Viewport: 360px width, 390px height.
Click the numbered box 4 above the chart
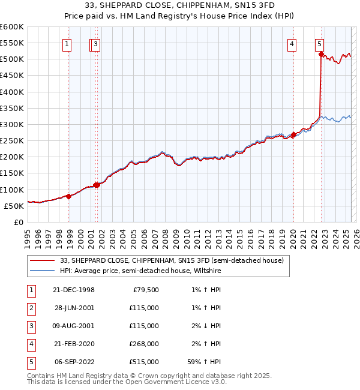[291, 43]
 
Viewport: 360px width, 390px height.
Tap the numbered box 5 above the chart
[319, 43]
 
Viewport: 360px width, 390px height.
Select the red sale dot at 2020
[293, 134]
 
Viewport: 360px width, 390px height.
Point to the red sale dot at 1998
[69, 196]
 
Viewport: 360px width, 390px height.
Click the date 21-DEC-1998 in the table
[74, 290]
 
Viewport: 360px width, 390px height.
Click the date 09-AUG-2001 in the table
[74, 326]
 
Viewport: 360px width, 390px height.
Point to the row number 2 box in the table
[31, 308]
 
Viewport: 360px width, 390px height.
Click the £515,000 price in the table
[145, 362]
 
